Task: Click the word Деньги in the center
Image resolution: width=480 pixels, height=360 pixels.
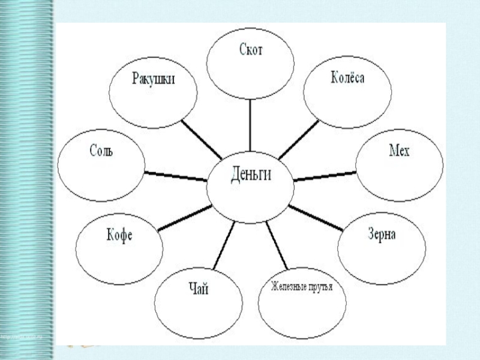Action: (x=251, y=176)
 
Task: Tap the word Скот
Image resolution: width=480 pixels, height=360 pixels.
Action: (x=250, y=50)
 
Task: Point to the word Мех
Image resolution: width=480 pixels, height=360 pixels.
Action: (x=399, y=151)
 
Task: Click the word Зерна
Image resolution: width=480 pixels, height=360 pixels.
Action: (x=382, y=235)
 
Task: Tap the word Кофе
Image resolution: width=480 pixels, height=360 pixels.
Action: (x=119, y=236)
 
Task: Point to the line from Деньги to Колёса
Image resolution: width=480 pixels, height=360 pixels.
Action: (x=298, y=139)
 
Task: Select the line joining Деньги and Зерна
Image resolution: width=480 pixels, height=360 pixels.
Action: (x=315, y=218)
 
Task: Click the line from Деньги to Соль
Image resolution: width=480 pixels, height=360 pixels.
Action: (x=175, y=175)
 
